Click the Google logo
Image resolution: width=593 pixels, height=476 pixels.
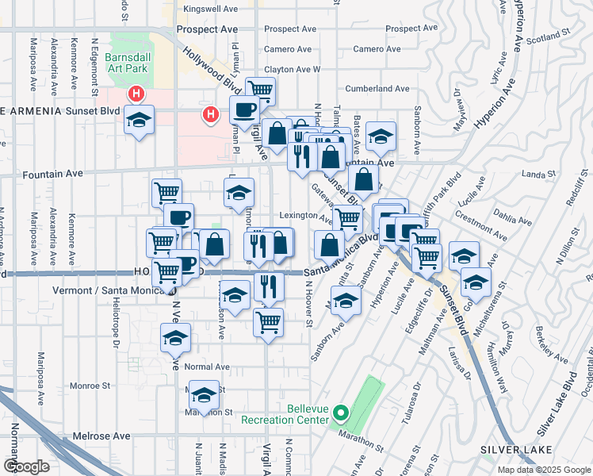coord(26,466)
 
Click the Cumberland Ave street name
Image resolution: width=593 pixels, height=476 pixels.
coord(377,89)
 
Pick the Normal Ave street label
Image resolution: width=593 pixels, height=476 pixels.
coord(206,367)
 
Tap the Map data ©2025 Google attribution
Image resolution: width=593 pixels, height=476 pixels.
coord(544,470)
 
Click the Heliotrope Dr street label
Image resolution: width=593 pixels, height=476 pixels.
coord(114,329)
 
